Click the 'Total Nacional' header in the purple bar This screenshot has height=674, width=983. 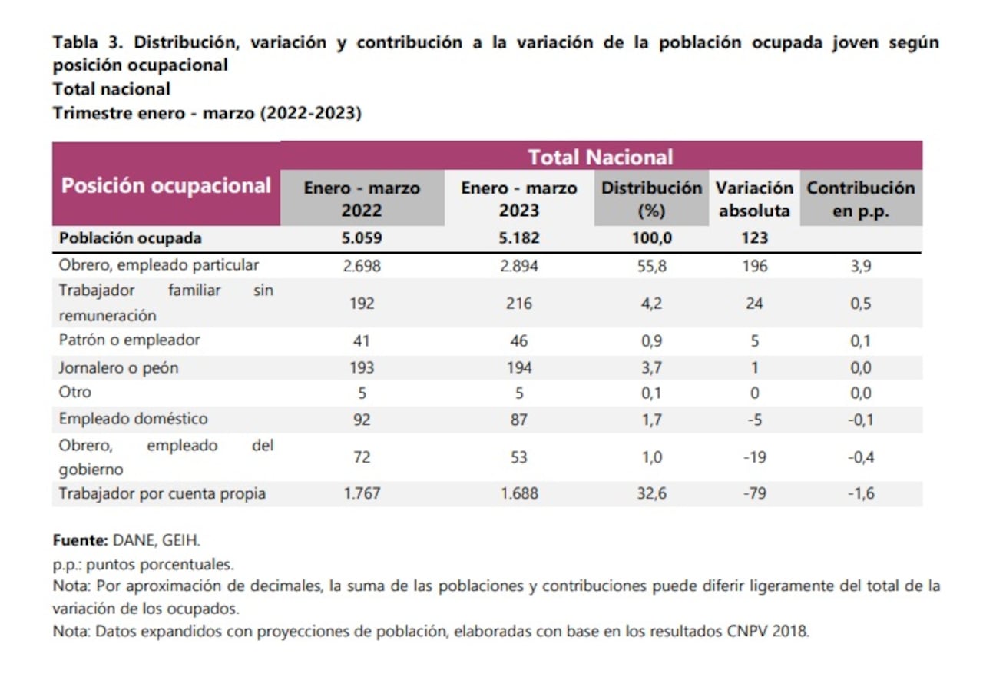pyautogui.click(x=600, y=158)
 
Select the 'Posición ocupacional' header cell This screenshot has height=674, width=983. pyautogui.click(x=166, y=186)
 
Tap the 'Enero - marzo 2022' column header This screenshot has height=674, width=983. pyautogui.click(x=362, y=199)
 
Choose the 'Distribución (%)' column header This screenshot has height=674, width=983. pyautogui.click(x=651, y=199)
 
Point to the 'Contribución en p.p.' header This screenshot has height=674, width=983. pyautogui.click(x=860, y=199)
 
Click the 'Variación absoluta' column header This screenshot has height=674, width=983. pyautogui.click(x=754, y=199)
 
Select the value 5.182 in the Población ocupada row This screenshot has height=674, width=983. pyautogui.click(x=518, y=238)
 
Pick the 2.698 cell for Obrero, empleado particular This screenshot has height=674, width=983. pyautogui.click(x=362, y=265)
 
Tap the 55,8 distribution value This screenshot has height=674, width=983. pyautogui.click(x=651, y=265)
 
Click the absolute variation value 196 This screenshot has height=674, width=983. pyautogui.click(x=754, y=265)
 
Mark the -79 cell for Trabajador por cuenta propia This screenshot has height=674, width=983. pyautogui.click(x=754, y=493)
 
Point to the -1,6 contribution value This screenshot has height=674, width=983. pyautogui.click(x=860, y=493)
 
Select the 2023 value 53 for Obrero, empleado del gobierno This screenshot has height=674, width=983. pyautogui.click(x=518, y=457)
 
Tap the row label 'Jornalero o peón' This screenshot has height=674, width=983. pyautogui.click(x=118, y=367)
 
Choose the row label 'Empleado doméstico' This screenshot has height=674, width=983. pyautogui.click(x=133, y=419)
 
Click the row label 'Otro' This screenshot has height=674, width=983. pyautogui.click(x=74, y=392)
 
